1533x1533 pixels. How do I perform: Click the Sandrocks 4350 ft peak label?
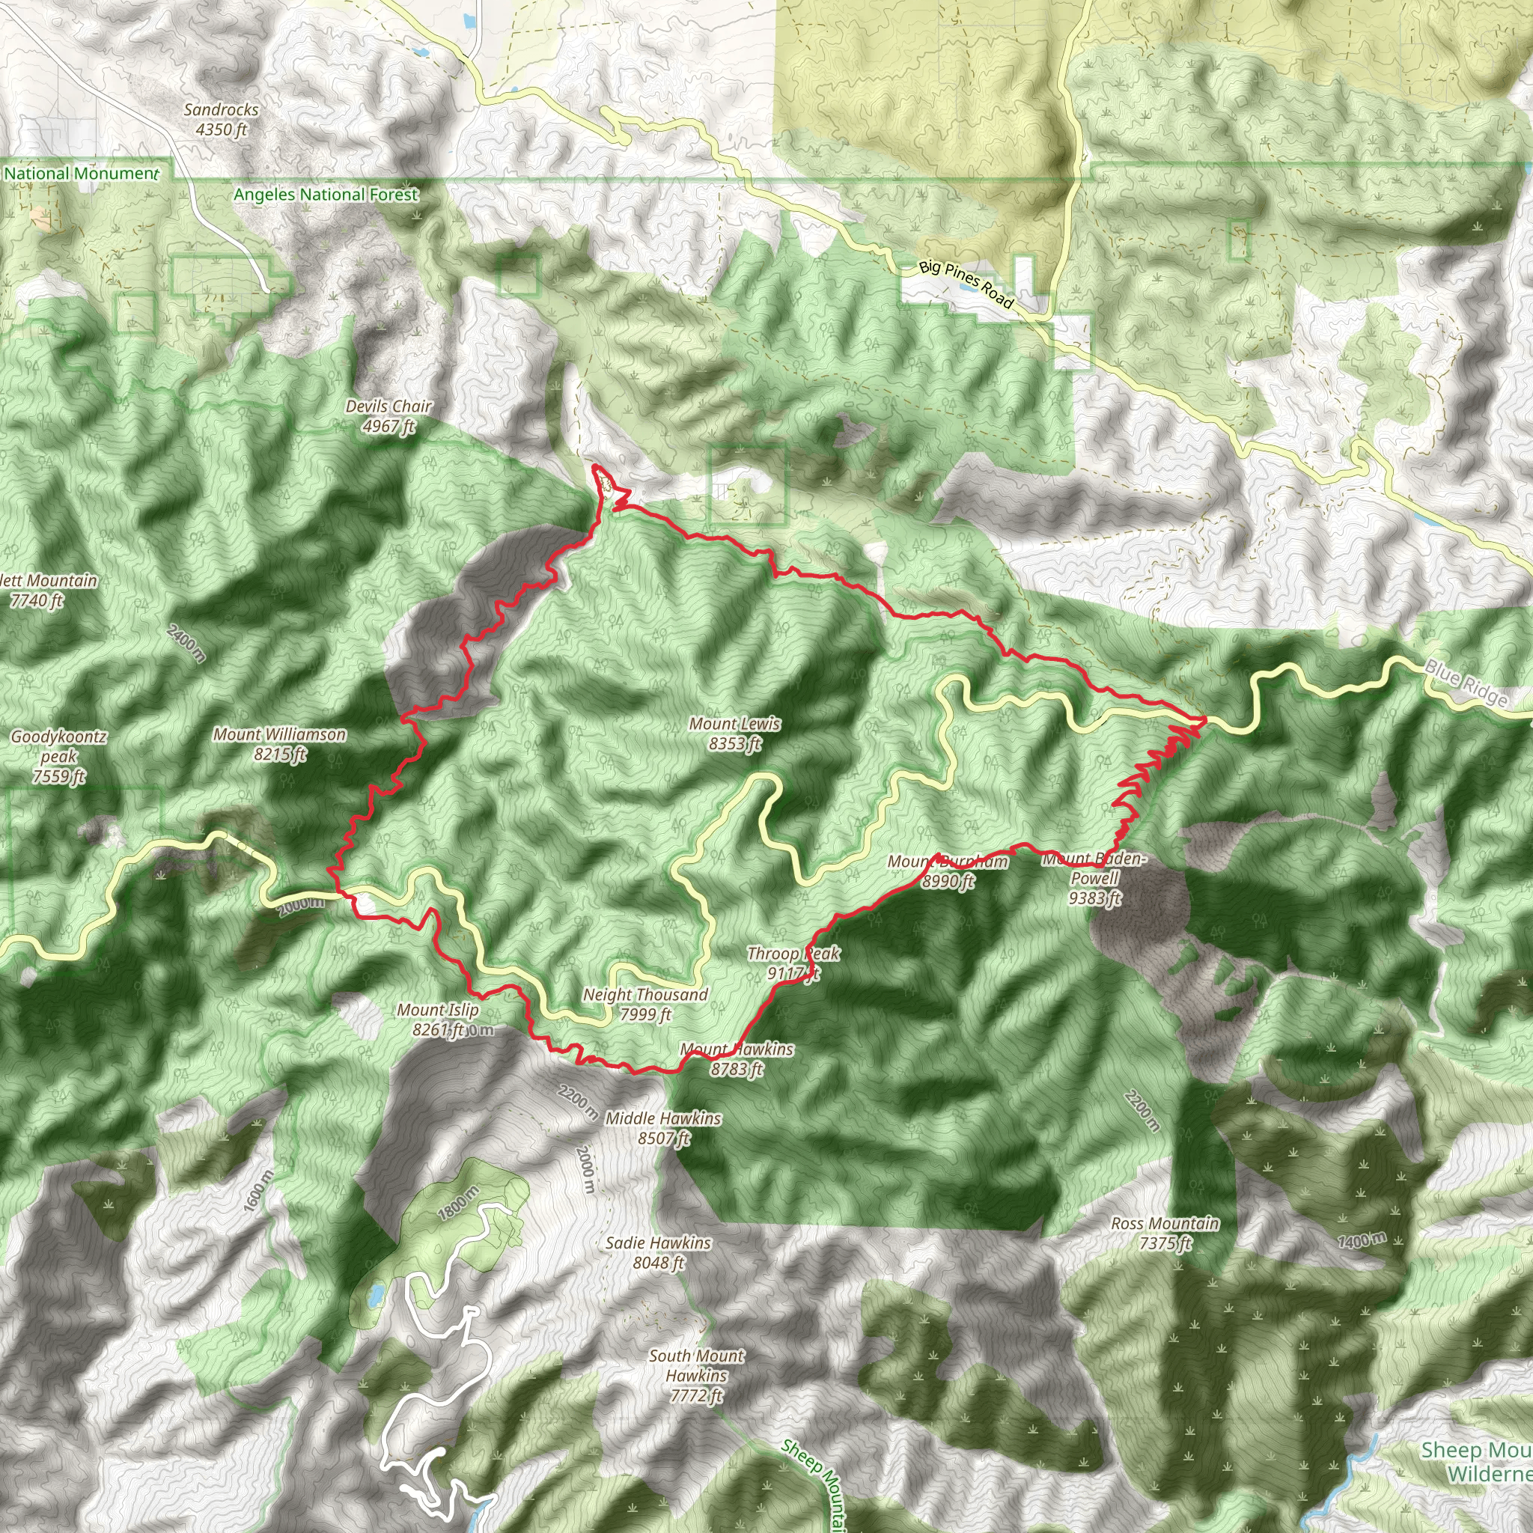point(222,119)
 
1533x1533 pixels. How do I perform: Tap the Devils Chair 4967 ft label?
point(388,415)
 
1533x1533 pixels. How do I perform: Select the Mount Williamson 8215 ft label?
point(279,744)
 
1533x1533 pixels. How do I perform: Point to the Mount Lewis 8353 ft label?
point(735,733)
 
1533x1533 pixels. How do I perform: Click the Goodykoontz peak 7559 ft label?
point(58,756)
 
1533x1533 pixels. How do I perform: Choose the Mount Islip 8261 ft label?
point(438,1020)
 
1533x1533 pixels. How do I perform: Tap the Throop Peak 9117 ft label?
point(793,963)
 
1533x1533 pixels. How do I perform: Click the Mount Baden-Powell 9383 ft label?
point(1094,878)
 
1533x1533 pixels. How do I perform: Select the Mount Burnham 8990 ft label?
point(948,871)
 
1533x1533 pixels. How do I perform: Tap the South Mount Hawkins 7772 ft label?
point(697,1376)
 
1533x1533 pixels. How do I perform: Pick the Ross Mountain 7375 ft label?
point(1164,1233)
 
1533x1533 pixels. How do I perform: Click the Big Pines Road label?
point(966,284)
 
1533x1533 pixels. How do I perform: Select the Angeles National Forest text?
point(326,195)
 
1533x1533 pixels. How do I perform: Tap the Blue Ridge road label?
point(1466,683)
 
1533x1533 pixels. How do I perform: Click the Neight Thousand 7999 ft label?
point(645,1004)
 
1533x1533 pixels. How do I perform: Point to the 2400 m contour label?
point(187,643)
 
